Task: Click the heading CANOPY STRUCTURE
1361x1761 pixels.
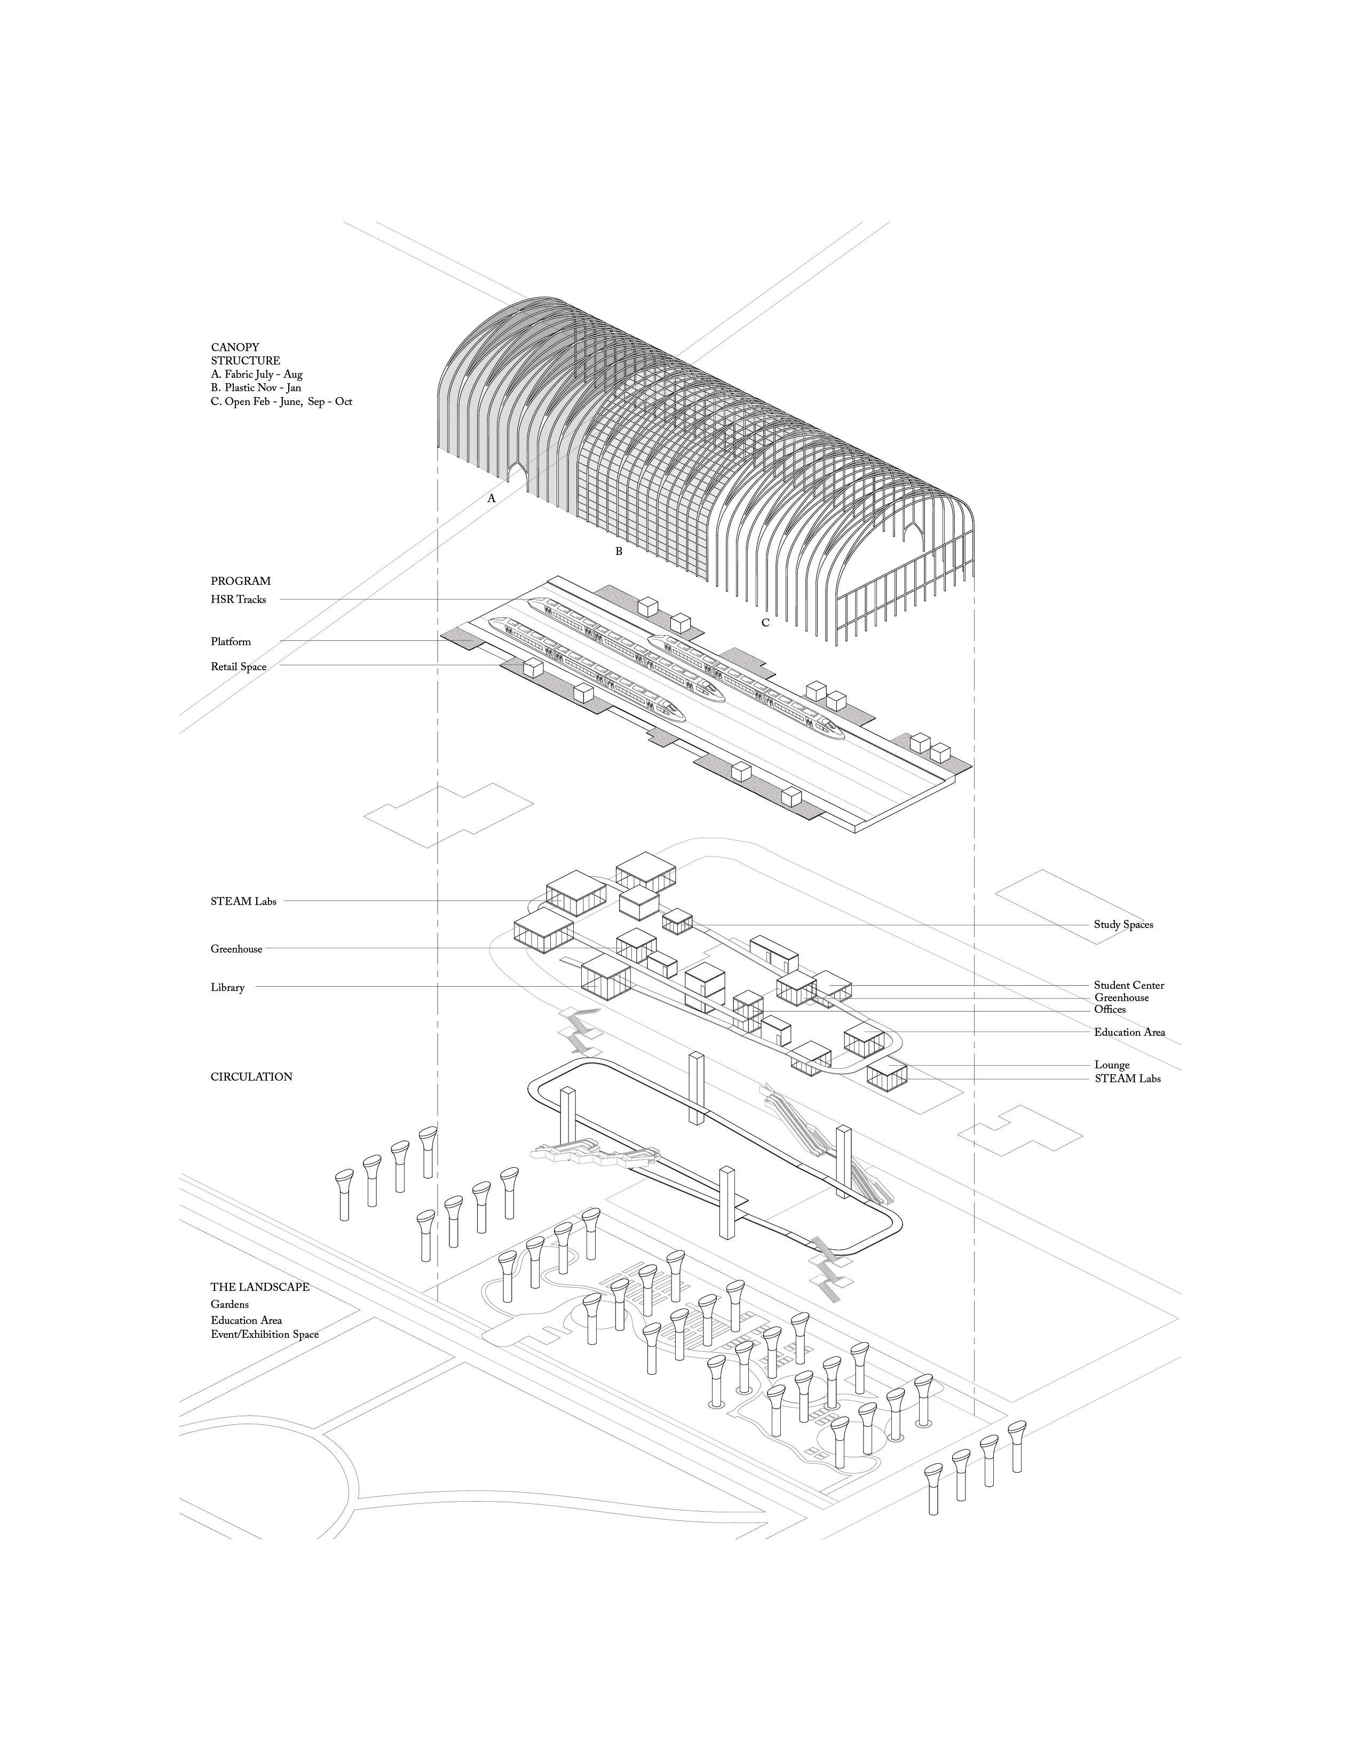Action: click(x=246, y=354)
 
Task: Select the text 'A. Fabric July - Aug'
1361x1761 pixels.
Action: click(x=256, y=374)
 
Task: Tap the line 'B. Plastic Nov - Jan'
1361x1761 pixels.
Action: click(x=256, y=388)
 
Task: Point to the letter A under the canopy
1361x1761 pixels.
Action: click(x=491, y=498)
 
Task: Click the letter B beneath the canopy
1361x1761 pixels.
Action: click(x=619, y=552)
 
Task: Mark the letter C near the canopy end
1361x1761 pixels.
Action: click(x=765, y=622)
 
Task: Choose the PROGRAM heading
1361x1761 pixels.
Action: click(x=240, y=581)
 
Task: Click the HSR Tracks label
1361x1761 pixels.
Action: click(x=238, y=599)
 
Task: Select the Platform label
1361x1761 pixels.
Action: click(x=231, y=642)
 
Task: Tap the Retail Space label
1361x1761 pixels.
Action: click(x=238, y=667)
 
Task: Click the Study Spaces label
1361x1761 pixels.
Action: click(x=1123, y=924)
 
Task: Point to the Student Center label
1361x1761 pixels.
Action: click(x=1129, y=985)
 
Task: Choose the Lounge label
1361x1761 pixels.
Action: click(x=1111, y=1065)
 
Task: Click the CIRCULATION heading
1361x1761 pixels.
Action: click(x=251, y=1076)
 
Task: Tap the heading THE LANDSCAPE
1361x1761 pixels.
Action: click(x=259, y=1287)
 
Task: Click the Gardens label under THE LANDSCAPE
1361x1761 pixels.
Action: click(x=230, y=1304)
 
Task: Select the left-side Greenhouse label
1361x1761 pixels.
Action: click(x=236, y=949)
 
